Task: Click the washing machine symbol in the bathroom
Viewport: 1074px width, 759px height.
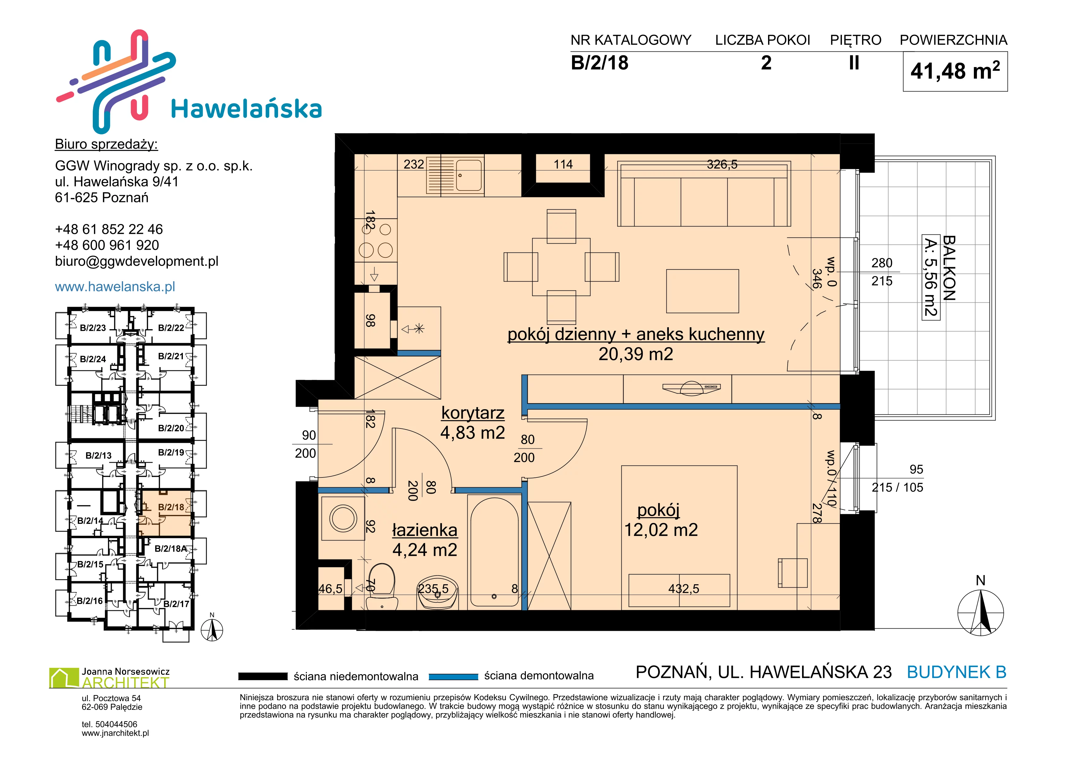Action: pos(343,518)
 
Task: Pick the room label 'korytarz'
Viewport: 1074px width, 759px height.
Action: pos(473,413)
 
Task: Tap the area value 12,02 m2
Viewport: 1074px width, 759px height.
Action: pos(661,529)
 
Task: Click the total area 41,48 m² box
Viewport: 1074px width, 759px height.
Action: pos(955,72)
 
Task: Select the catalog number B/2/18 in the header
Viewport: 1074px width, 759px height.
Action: pos(600,63)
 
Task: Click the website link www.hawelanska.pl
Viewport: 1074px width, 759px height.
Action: pos(115,286)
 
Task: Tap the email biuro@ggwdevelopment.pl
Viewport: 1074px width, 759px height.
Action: pos(137,261)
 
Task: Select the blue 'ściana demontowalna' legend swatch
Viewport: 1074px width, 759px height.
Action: pos(453,677)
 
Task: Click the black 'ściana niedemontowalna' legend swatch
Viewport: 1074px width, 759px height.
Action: pos(263,676)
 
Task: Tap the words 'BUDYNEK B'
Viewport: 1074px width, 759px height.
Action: pos(957,672)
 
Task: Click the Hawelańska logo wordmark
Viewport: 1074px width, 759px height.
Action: pos(247,109)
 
